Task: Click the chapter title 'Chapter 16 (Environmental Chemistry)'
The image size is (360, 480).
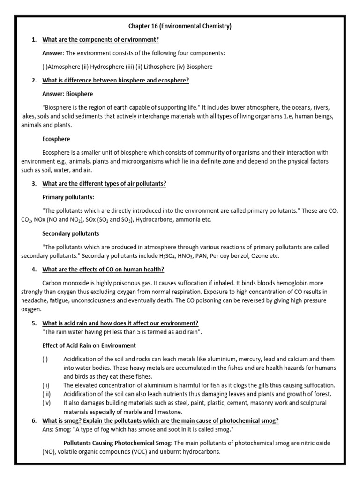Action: (x=180, y=26)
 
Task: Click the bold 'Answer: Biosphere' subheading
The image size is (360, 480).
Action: (x=67, y=94)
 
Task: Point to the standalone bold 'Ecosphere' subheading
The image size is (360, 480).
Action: (x=57, y=139)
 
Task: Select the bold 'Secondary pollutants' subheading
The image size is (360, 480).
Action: (x=70, y=233)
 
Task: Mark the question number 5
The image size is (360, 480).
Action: (x=34, y=323)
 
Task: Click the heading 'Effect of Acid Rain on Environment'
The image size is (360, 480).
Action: (x=89, y=345)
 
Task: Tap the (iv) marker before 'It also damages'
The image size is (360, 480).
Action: (x=46, y=403)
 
